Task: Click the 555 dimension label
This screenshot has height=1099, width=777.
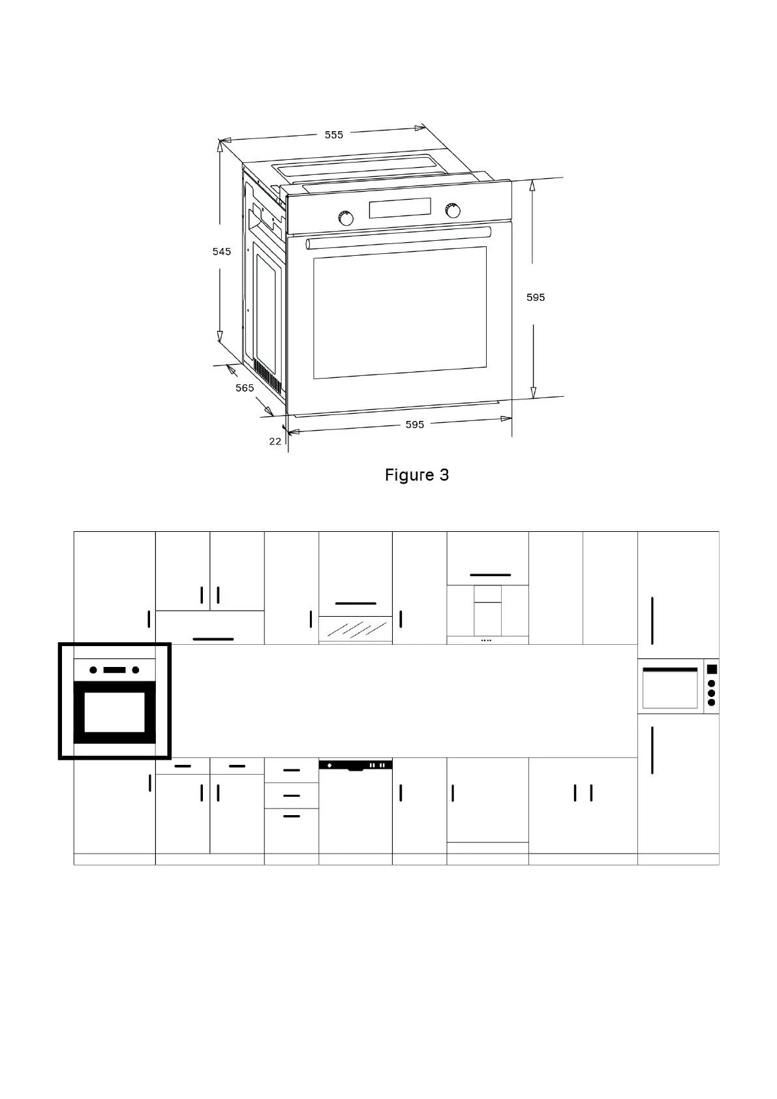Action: coord(333,135)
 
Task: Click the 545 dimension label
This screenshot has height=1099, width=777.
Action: coord(222,251)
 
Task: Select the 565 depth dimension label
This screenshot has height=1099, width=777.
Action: coord(245,388)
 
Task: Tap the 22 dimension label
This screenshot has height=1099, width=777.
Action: coord(275,442)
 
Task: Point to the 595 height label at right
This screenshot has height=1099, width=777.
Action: coord(536,298)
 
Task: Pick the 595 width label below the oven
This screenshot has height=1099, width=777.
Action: coord(415,425)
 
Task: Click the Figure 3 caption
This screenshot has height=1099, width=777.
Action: coord(417,475)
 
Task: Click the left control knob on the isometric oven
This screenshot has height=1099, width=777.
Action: coord(346,218)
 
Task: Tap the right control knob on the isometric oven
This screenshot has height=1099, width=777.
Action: coord(452,210)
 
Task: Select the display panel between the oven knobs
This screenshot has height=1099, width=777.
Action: coord(400,208)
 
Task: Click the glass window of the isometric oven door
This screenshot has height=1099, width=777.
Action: coord(400,312)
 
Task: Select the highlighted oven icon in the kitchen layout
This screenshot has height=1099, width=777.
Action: coord(115,702)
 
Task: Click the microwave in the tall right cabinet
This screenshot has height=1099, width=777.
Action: coord(671,687)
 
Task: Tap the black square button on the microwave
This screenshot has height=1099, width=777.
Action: coord(712,669)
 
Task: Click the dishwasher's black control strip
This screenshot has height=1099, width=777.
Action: coord(356,765)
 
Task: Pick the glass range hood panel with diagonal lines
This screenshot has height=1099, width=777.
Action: coord(356,629)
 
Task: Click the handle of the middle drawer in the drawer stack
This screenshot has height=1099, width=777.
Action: coord(292,796)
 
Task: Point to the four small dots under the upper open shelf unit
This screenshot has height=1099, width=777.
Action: coord(486,641)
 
